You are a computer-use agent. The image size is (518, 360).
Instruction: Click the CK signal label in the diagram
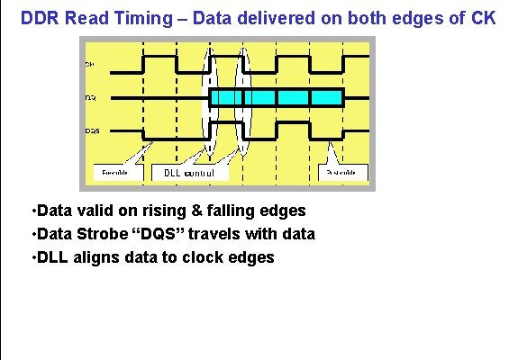click(91, 65)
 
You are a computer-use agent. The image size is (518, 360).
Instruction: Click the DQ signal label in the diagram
click(91, 97)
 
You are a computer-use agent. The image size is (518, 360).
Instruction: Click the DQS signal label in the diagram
click(93, 130)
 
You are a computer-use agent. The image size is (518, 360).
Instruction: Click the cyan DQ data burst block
click(276, 97)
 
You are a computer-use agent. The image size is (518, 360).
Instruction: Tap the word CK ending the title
click(482, 17)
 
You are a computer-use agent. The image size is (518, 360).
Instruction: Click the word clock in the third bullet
click(204, 257)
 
